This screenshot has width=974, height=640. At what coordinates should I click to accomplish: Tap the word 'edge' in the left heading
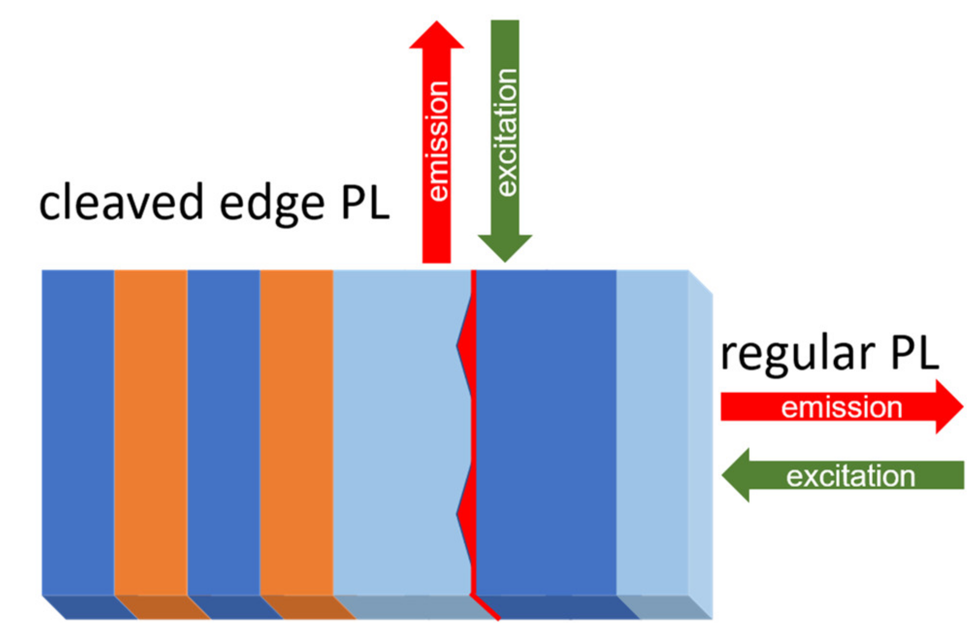tap(272, 204)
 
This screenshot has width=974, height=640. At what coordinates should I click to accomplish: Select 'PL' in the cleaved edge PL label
tap(365, 203)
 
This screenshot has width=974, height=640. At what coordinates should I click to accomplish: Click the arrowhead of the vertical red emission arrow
tap(437, 36)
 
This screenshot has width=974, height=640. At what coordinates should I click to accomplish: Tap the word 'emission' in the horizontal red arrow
tap(842, 407)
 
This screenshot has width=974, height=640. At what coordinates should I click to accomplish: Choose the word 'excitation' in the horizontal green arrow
tap(851, 476)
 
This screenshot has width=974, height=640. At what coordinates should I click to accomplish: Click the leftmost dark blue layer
tap(78, 432)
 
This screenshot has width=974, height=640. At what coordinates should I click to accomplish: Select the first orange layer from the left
tap(151, 432)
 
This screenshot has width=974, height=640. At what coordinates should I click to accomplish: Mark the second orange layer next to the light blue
tap(296, 432)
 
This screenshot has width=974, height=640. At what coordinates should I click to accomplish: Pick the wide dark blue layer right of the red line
tap(546, 432)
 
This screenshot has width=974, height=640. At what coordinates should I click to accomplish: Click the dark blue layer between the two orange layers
tap(224, 432)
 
